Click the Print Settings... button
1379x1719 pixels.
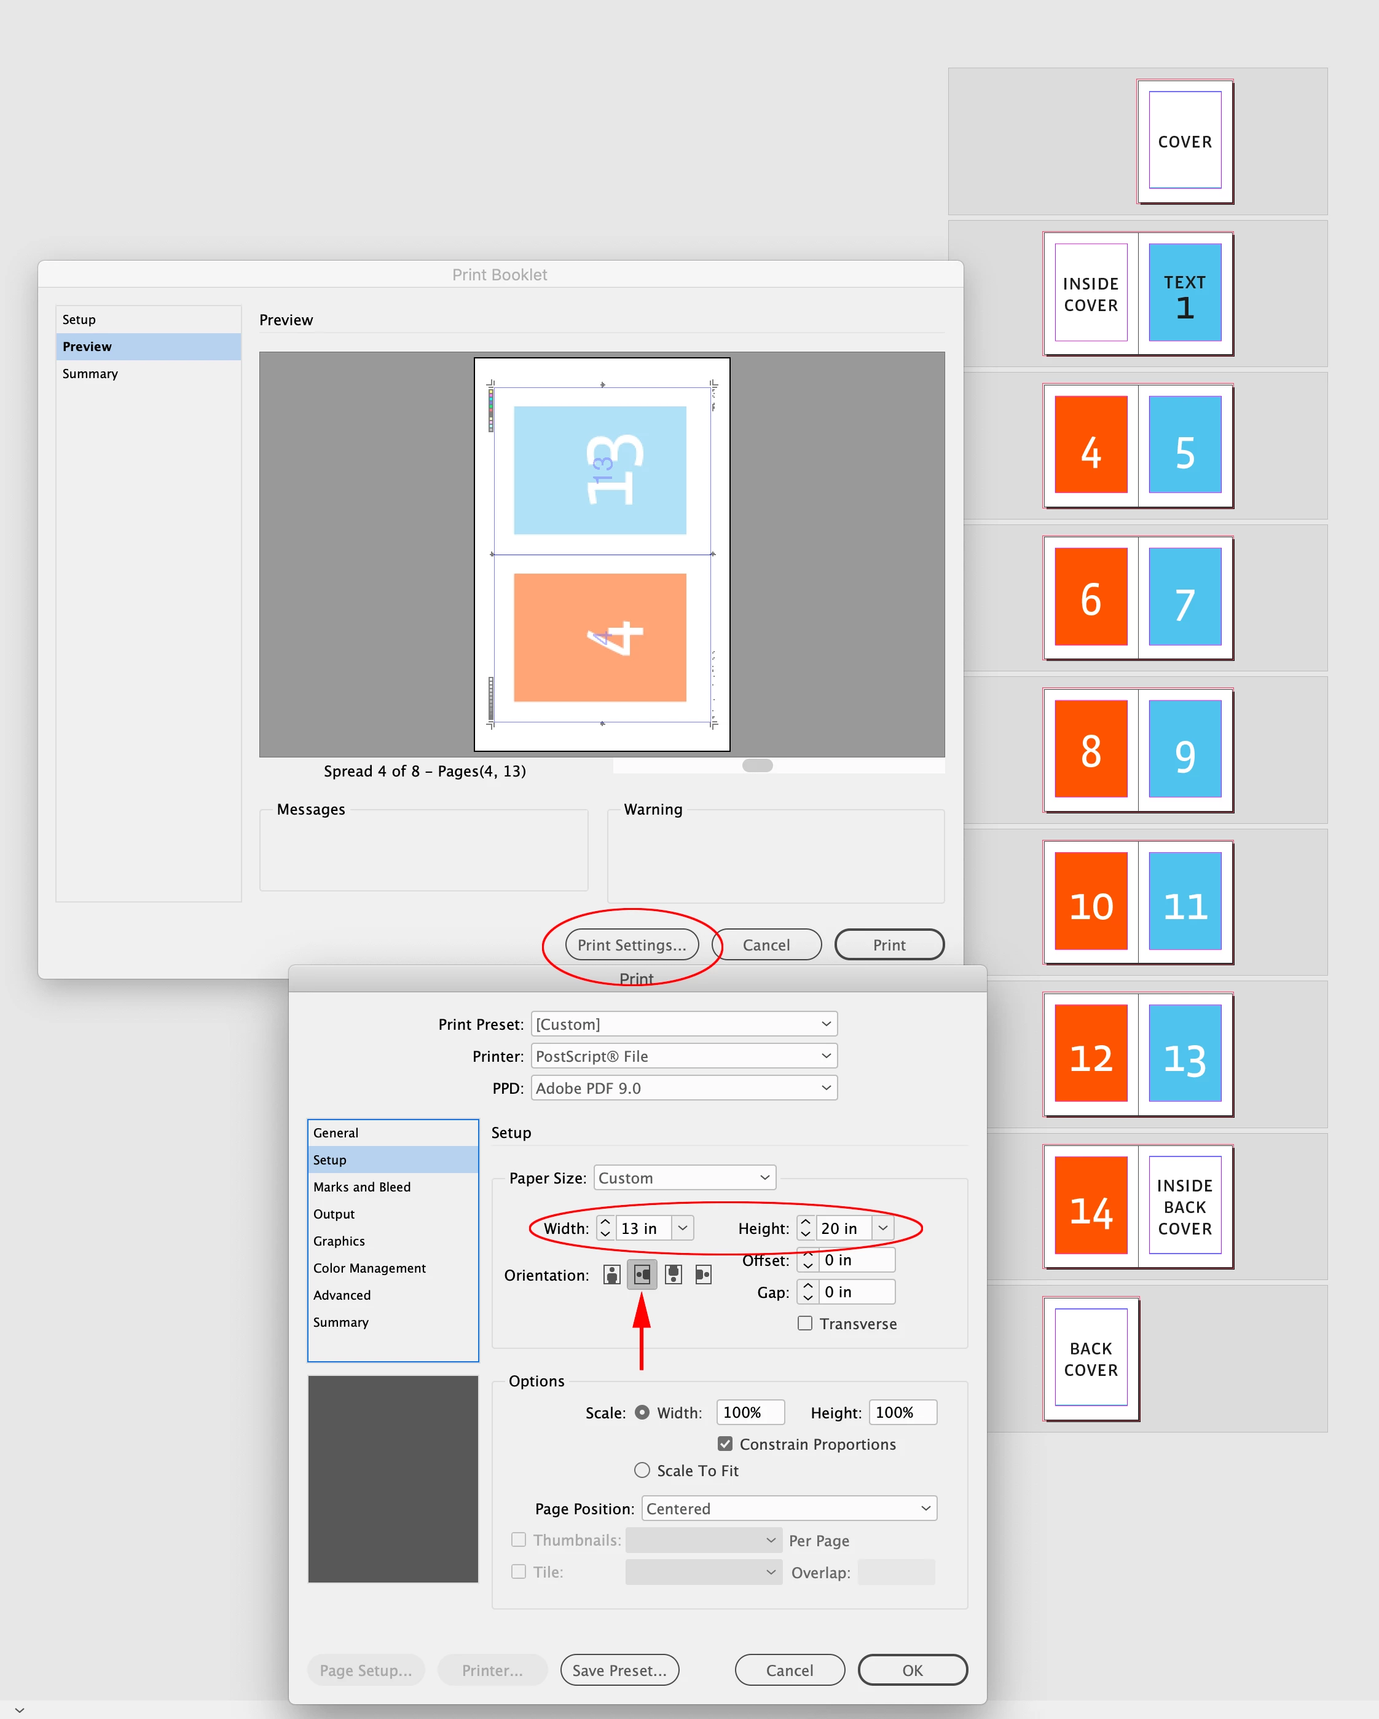[x=631, y=945]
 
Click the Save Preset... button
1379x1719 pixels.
[x=619, y=1670]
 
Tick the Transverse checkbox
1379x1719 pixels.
[x=805, y=1324]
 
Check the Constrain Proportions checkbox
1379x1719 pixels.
[x=725, y=1444]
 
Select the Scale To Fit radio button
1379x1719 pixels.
[x=642, y=1470]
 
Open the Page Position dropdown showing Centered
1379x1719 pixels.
[x=789, y=1509]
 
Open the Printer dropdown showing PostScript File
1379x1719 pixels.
[x=684, y=1056]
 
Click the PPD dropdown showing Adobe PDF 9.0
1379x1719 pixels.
[x=684, y=1088]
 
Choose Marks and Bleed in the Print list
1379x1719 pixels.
[x=362, y=1187]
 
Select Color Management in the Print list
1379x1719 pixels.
[x=370, y=1268]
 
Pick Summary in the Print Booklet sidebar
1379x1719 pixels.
[x=90, y=374]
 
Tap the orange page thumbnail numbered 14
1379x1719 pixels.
[x=1090, y=1206]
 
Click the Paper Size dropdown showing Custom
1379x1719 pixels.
[x=685, y=1177]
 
